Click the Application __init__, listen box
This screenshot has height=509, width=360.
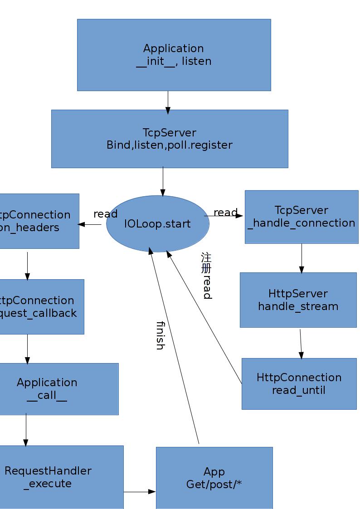pyautogui.click(x=174, y=55)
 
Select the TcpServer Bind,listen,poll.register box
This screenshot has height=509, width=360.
pyautogui.click(x=170, y=139)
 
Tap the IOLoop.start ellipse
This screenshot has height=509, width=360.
pyautogui.click(x=157, y=224)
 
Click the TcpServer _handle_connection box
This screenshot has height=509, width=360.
pyautogui.click(x=302, y=217)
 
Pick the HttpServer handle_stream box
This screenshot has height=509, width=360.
pyautogui.click(x=298, y=300)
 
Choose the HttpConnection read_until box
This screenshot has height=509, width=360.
pyautogui.click(x=299, y=383)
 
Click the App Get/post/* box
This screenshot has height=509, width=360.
pyautogui.click(x=214, y=478)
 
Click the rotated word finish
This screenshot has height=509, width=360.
pyautogui.click(x=160, y=335)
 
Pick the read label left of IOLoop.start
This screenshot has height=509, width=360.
pyautogui.click(x=105, y=214)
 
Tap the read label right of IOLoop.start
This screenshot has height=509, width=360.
pyautogui.click(x=225, y=213)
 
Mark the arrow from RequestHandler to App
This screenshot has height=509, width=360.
pyautogui.click(x=140, y=492)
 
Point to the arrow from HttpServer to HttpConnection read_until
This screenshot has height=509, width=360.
pyautogui.click(x=301, y=343)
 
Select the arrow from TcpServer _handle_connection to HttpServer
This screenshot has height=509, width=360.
pyautogui.click(x=302, y=258)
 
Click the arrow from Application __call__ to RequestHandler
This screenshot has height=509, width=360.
pyautogui.click(x=26, y=430)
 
